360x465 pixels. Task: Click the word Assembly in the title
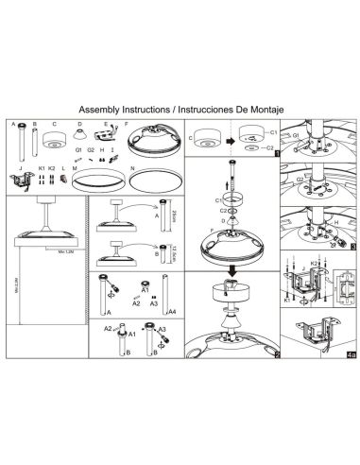(102, 109)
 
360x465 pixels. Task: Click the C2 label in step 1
(273, 148)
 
